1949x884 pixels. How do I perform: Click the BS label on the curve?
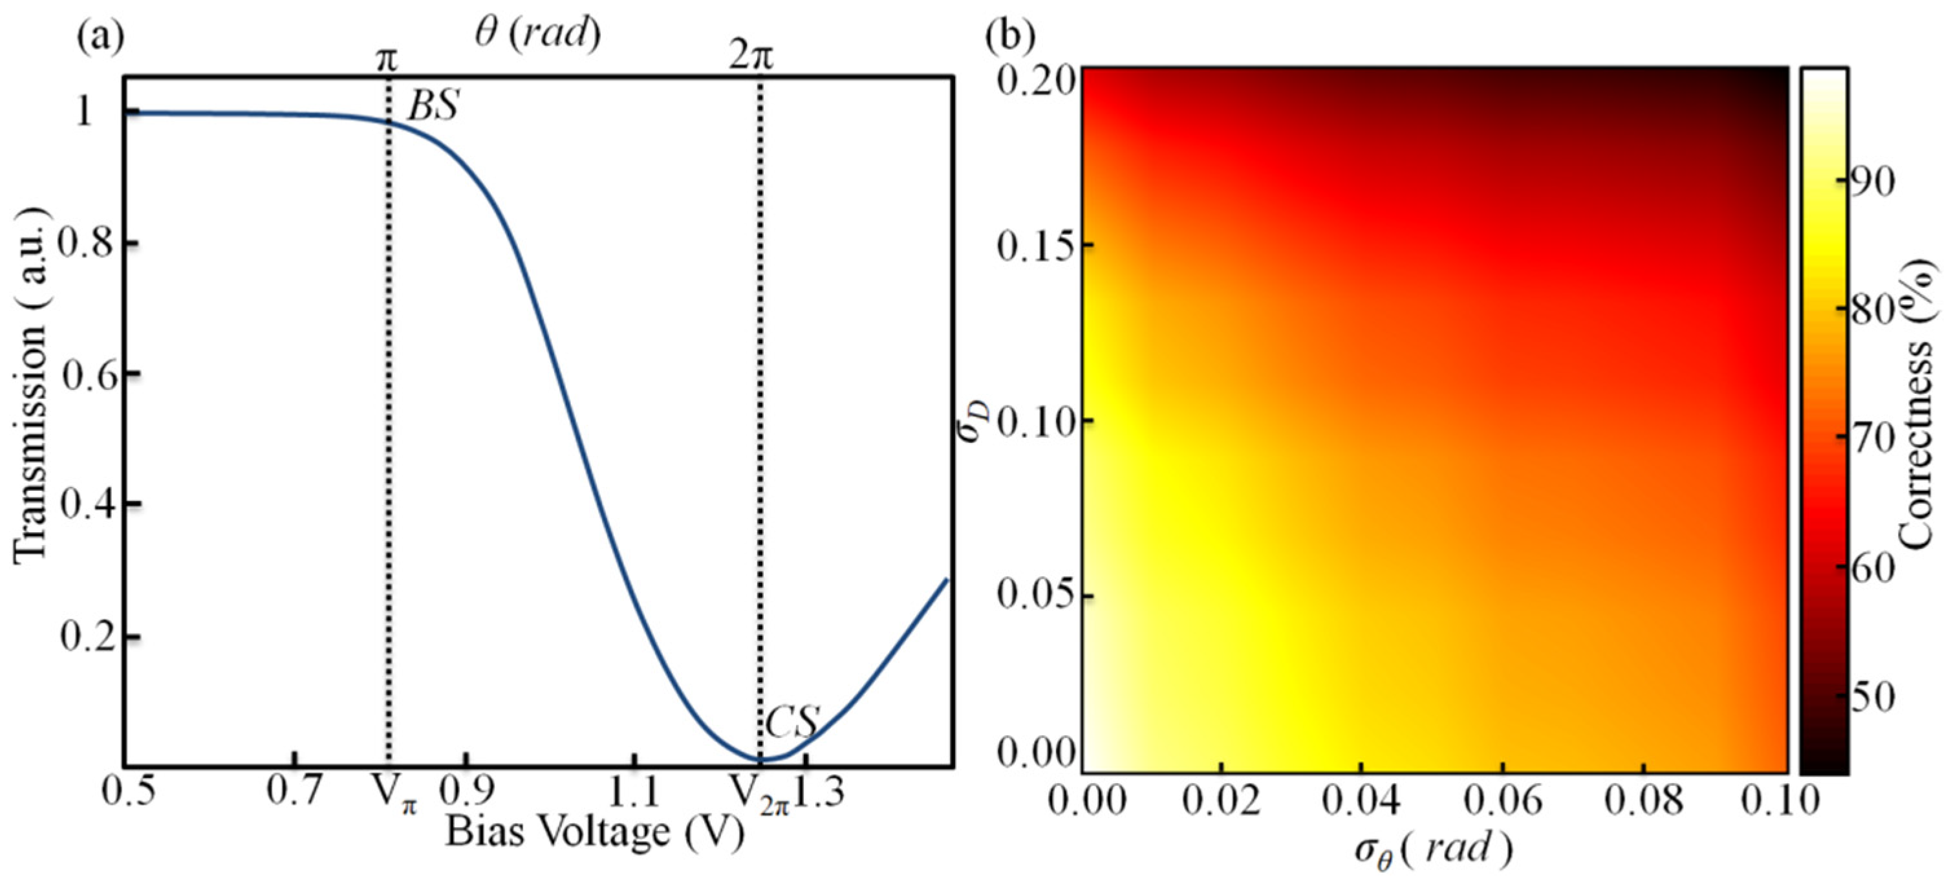coord(433,107)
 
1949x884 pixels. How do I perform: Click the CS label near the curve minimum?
coord(791,723)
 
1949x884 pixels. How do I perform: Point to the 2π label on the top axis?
coord(751,57)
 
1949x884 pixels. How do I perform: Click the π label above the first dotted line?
coord(387,59)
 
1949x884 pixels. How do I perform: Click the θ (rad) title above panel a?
coord(538,34)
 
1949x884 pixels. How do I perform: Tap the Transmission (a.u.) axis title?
coord(30,385)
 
